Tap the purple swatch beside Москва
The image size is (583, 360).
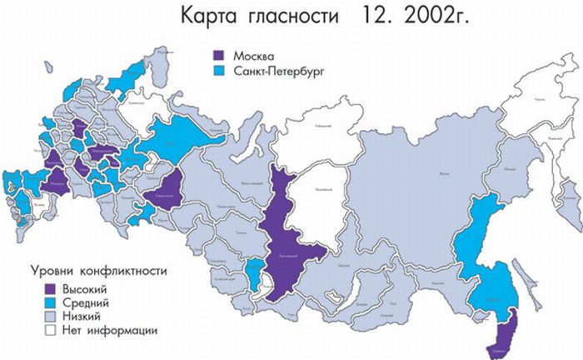click(222, 56)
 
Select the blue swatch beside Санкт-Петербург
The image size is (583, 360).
click(222, 72)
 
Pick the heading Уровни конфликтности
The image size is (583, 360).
click(98, 272)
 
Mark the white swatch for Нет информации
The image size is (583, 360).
click(52, 330)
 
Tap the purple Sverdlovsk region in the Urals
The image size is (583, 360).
click(164, 192)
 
